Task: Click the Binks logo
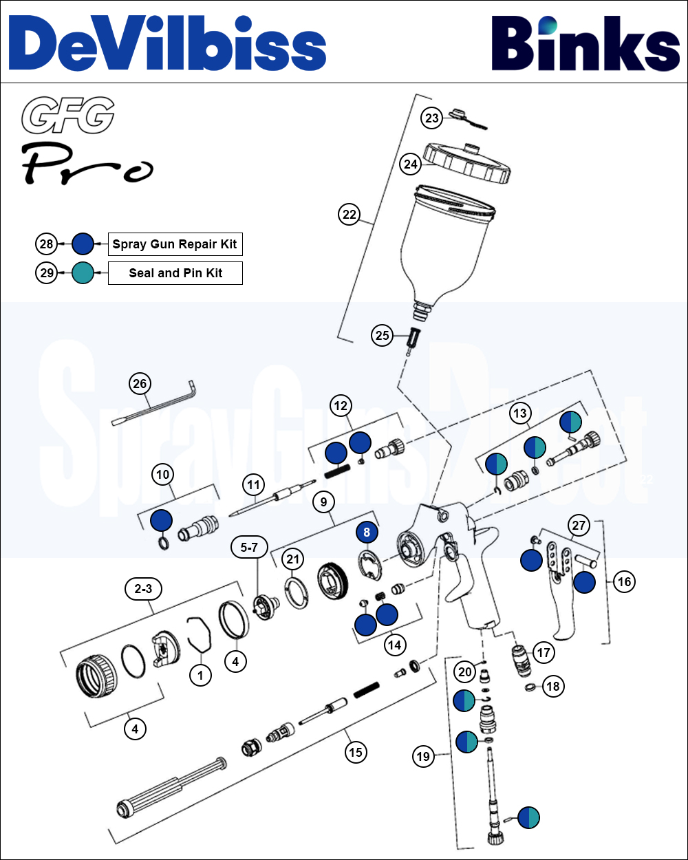585,43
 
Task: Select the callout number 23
431,118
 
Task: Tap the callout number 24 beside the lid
411,164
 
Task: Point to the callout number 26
140,383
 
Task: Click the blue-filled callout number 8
367,533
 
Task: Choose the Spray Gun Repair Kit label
175,244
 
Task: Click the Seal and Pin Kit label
175,273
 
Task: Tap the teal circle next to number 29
83,273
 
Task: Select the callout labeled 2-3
142,590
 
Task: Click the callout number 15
355,752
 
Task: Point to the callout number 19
422,757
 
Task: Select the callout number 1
200,676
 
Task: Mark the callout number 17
544,652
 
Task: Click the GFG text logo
67,116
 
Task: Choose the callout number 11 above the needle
255,485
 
